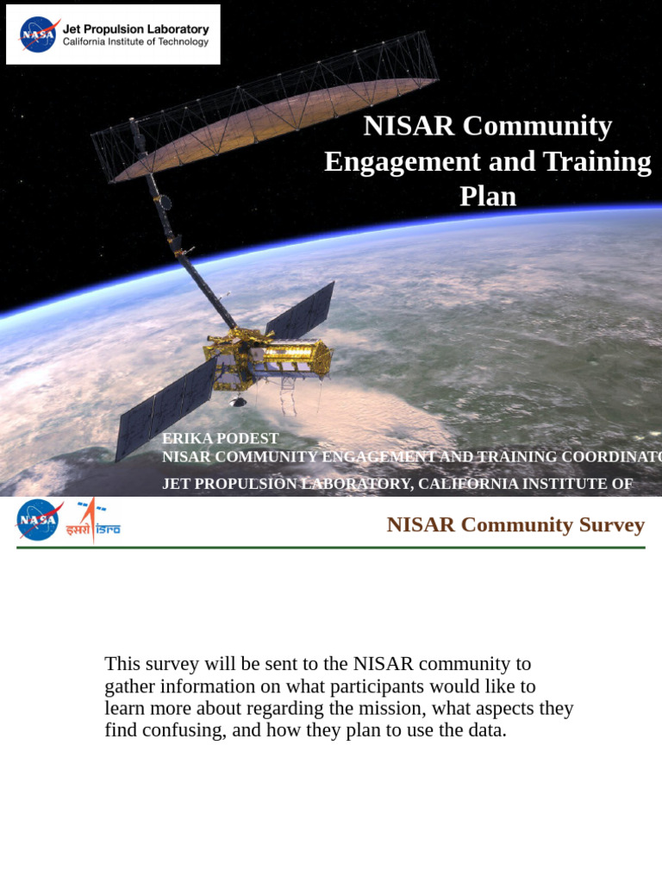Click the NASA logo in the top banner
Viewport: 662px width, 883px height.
click(x=39, y=34)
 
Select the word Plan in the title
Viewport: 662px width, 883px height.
click(x=488, y=197)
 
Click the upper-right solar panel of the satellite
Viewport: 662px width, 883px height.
click(x=301, y=310)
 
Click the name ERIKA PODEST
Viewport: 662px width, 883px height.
click(x=220, y=439)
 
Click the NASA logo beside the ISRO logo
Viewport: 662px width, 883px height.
click(x=38, y=520)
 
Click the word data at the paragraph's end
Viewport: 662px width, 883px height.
click(x=485, y=730)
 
